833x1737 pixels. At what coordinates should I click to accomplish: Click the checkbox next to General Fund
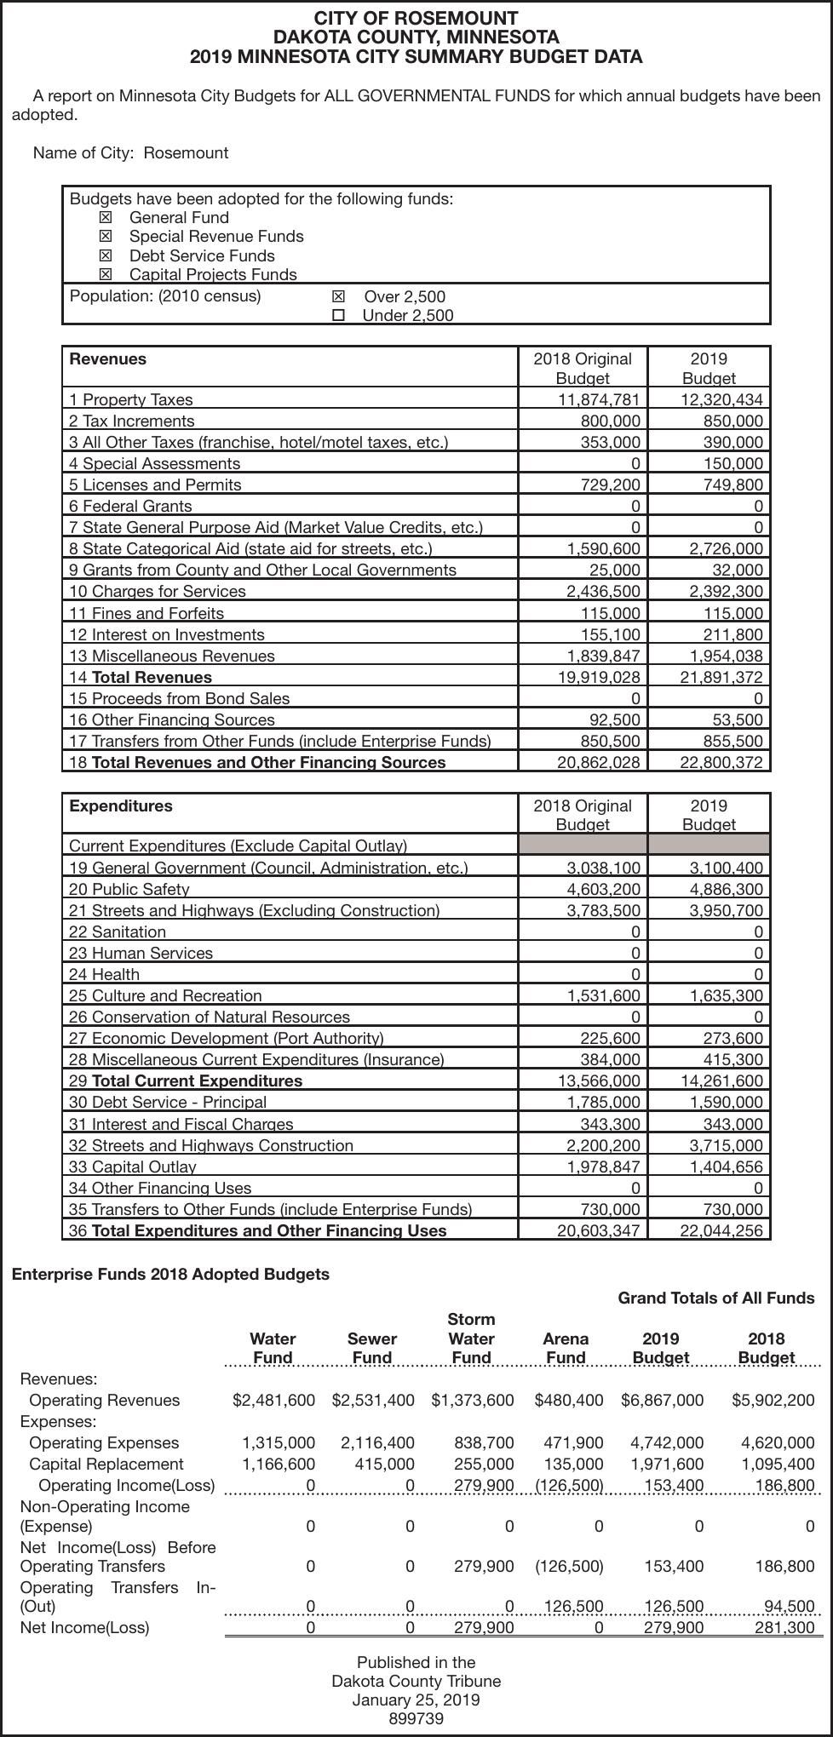pos(106,218)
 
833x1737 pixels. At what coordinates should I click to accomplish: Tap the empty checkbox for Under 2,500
pos(338,316)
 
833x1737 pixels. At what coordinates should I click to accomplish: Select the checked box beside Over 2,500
pos(338,296)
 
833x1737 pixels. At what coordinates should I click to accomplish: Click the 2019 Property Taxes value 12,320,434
pos(721,399)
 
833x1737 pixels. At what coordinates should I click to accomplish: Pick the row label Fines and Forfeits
pos(146,613)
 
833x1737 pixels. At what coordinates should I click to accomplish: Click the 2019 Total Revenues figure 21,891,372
pos(721,677)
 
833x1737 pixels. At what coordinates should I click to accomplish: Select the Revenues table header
pos(108,359)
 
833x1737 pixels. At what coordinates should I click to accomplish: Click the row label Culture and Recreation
pos(165,995)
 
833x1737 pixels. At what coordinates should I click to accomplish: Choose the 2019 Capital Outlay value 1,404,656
pos(726,1167)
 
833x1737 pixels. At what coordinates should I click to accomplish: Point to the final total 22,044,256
pos(721,1230)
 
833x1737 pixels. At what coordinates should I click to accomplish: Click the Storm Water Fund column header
pos(471,1339)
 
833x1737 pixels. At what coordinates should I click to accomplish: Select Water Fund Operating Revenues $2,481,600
pos(273,1400)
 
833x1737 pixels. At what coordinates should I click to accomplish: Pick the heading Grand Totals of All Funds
pos(715,1298)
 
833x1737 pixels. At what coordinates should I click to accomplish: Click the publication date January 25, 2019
pos(416,1700)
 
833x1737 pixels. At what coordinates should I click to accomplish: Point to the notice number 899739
pos(416,1718)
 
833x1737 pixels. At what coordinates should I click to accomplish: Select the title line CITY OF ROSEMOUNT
pos(416,18)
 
